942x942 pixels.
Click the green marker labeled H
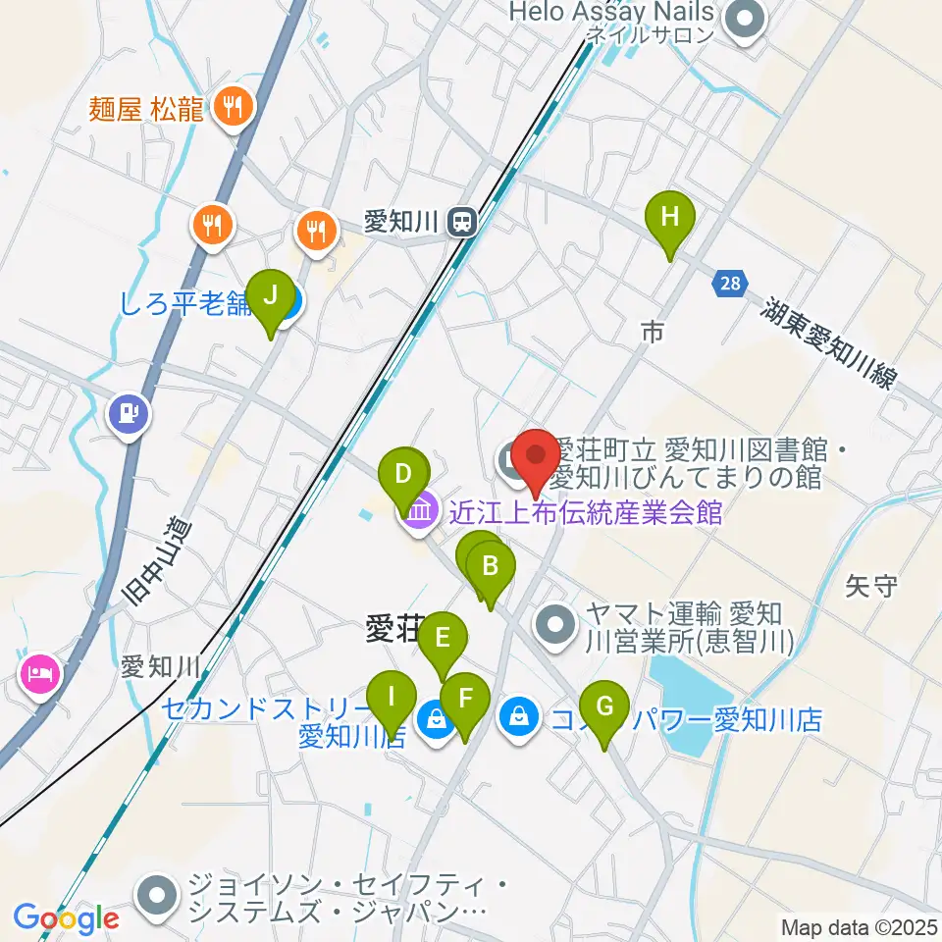pyautogui.click(x=670, y=218)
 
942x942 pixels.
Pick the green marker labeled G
pyautogui.click(x=604, y=706)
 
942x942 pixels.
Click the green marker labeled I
pyautogui.click(x=392, y=698)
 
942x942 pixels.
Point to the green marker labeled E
pyautogui.click(x=443, y=640)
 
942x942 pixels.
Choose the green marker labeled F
pyautogui.click(x=465, y=700)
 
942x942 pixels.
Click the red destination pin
pyautogui.click(x=536, y=457)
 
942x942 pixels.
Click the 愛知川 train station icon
pyautogui.click(x=460, y=223)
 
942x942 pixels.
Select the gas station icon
pyautogui.click(x=129, y=412)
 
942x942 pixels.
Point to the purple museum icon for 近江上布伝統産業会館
pyautogui.click(x=419, y=512)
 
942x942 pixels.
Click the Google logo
pyautogui.click(x=67, y=918)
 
